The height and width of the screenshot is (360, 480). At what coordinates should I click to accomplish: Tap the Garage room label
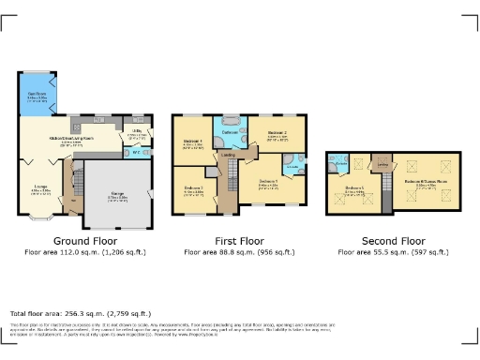[x=118, y=198]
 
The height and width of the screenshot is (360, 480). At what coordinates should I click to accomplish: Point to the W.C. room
[x=137, y=153]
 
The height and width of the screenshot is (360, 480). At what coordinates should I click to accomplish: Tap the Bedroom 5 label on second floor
[x=353, y=189]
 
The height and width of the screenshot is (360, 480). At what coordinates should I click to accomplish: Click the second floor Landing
[x=382, y=166]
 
